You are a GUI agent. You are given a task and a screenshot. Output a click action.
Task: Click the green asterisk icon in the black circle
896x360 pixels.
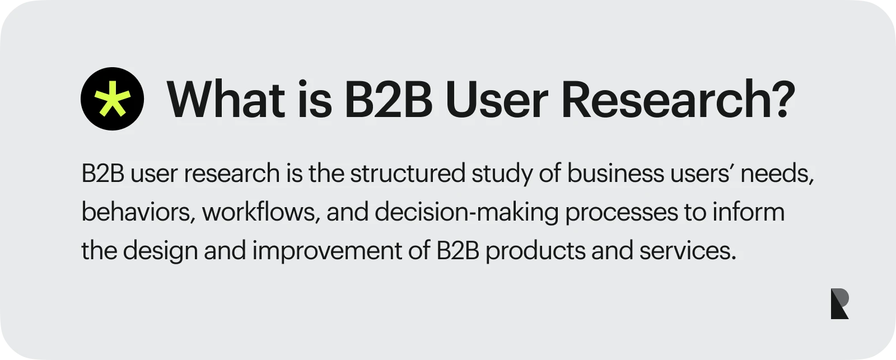click(112, 99)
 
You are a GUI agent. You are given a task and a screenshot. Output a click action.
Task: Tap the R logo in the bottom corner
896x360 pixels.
click(839, 304)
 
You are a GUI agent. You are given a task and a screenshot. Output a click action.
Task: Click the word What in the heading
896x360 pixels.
click(225, 100)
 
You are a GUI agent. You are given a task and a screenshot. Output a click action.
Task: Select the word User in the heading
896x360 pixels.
click(496, 100)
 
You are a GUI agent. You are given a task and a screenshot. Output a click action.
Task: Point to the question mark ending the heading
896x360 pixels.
click(782, 100)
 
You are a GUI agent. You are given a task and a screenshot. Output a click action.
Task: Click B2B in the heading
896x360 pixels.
click(388, 100)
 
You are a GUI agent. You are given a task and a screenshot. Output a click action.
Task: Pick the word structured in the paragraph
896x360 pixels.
click(407, 174)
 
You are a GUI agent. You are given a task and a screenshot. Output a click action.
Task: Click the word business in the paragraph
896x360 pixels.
click(615, 174)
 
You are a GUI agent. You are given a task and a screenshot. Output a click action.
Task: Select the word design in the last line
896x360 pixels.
click(160, 251)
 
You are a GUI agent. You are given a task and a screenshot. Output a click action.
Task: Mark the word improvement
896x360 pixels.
click(326, 251)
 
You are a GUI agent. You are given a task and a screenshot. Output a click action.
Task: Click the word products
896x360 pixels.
click(535, 251)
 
